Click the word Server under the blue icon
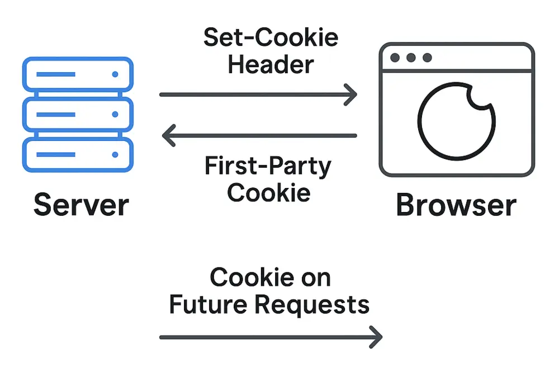[x=81, y=205]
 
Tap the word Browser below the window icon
[x=456, y=205]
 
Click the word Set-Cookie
[x=271, y=37]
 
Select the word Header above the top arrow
[x=271, y=64]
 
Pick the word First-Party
[x=268, y=167]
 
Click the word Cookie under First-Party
[x=269, y=192]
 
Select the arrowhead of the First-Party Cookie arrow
[x=166, y=135]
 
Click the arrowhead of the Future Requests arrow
[x=377, y=337]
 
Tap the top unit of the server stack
[x=78, y=74]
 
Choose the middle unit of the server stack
[x=78, y=114]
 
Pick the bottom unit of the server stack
[x=78, y=154]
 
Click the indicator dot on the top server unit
[x=115, y=74]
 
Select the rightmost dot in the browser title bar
[x=427, y=58]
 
